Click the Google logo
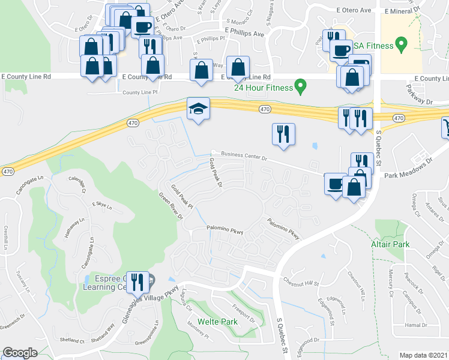pos(20,353)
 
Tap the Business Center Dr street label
pos(244,157)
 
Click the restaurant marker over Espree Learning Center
pos(137,282)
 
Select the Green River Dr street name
pos(170,206)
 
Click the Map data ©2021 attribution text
pos(424,355)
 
